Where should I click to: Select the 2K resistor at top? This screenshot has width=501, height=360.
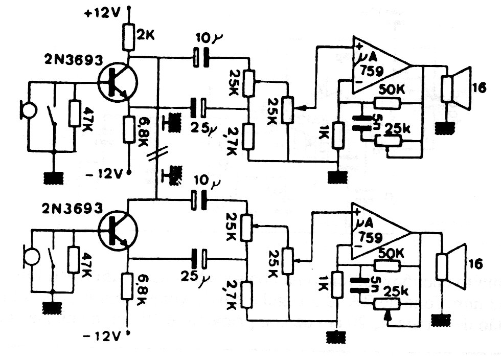(x=128, y=36)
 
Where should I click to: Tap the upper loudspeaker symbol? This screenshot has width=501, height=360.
(x=455, y=89)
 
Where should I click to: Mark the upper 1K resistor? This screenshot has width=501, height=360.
(x=337, y=134)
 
